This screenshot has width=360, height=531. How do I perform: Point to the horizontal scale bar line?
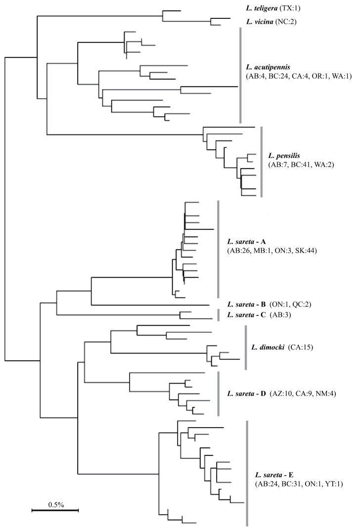coord(55,509)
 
